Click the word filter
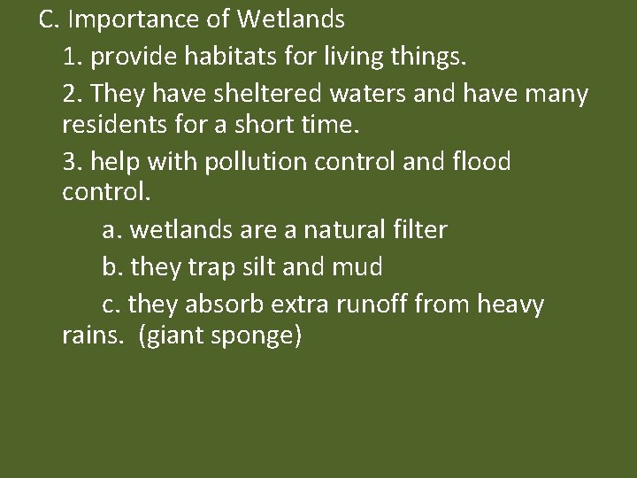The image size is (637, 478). click(x=419, y=232)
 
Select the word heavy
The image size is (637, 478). click(x=510, y=305)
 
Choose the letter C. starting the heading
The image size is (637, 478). click(x=49, y=19)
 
